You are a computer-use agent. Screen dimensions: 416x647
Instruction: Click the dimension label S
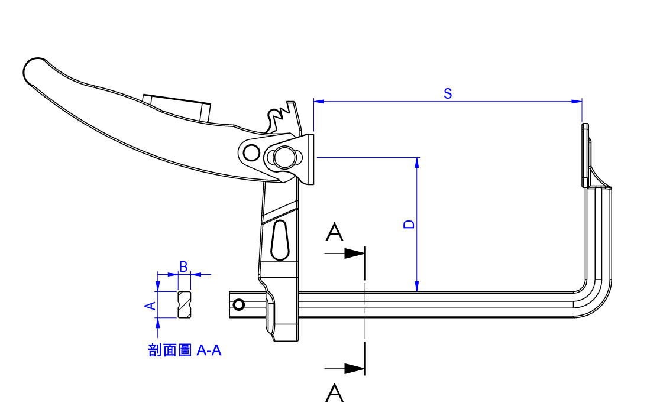[448, 93]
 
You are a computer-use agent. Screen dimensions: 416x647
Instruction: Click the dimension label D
[408, 225]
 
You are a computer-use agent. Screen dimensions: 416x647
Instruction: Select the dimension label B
[183, 267]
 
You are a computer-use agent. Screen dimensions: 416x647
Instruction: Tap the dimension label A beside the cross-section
[150, 305]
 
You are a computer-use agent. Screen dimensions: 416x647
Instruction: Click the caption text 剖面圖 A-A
[185, 350]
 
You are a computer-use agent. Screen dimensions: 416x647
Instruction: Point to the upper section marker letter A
[335, 233]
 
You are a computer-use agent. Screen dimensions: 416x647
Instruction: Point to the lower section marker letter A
[335, 392]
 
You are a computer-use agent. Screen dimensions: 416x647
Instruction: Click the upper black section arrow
[354, 253]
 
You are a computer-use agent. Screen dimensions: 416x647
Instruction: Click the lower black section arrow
[354, 368]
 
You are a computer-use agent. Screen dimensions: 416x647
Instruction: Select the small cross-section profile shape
[185, 304]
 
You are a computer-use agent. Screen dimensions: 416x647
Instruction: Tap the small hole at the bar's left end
[239, 305]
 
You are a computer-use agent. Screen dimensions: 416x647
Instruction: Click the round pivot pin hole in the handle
[251, 152]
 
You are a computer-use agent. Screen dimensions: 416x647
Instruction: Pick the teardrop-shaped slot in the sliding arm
[280, 240]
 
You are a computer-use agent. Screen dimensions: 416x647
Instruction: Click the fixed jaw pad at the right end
[585, 155]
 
